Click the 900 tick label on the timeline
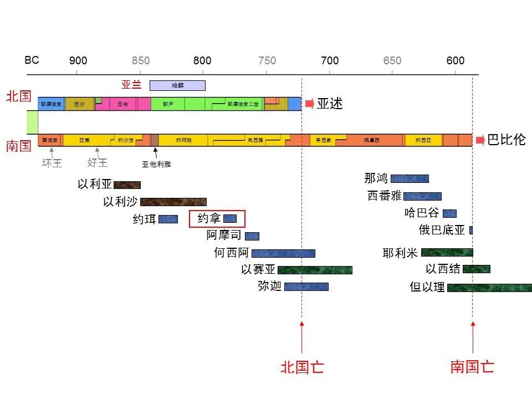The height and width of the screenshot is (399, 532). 78,61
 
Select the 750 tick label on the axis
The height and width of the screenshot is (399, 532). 267,61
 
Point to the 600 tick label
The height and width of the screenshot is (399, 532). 456,61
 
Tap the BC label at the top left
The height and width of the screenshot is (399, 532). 32,60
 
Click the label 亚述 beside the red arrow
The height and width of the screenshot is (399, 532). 330,104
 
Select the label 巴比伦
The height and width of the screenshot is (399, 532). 506,140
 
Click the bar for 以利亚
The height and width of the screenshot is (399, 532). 127,185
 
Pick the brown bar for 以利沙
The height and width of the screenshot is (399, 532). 173,202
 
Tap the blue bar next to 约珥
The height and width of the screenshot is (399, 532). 168,219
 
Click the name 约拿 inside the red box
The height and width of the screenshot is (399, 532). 209,219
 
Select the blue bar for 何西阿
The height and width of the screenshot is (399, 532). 283,253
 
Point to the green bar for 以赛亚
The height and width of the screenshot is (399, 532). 315,270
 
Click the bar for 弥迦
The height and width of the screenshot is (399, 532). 306,287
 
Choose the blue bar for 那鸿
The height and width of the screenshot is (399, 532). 410,178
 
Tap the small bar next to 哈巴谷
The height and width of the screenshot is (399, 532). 449,213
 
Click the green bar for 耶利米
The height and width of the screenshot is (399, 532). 447,253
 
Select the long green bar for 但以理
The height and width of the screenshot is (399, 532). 489,288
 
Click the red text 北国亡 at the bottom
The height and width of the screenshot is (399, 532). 302,367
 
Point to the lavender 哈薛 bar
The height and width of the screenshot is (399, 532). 177,85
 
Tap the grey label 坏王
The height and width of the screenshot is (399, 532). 52,163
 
